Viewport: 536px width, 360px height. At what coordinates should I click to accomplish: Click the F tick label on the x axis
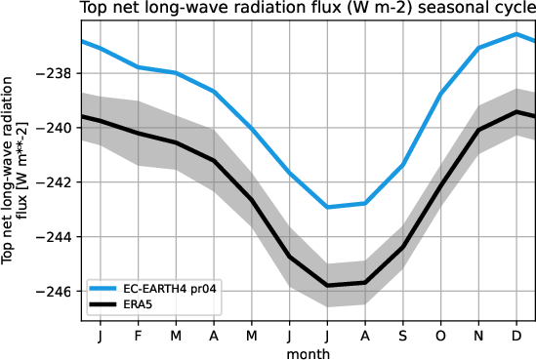coord(138,335)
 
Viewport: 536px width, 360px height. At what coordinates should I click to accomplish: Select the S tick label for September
coord(402,335)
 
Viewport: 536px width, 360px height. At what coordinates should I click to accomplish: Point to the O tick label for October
coord(440,335)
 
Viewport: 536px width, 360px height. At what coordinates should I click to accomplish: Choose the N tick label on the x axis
coord(478,335)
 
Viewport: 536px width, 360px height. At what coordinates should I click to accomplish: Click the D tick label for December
coord(515,335)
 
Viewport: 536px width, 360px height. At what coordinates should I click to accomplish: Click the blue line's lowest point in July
coord(327,207)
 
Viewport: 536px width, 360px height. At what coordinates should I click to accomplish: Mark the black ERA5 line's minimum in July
coord(327,285)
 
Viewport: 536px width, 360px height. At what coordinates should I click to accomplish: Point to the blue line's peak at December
coord(515,34)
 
